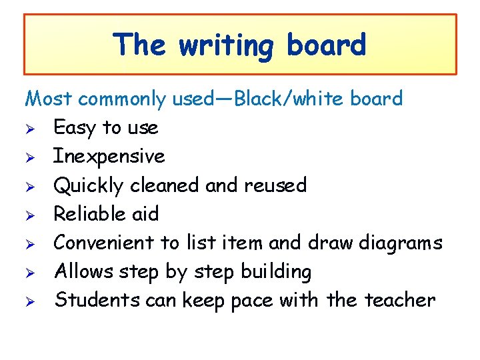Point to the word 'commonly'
121,100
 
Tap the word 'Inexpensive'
109,157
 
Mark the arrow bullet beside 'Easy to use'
29,128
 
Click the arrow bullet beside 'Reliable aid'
29,214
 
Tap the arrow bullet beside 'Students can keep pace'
29,301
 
